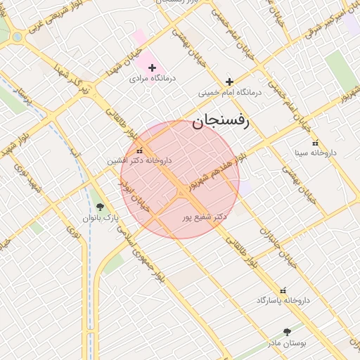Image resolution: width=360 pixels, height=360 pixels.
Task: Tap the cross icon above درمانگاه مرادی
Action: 152,67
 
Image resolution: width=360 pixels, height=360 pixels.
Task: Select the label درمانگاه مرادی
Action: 153,79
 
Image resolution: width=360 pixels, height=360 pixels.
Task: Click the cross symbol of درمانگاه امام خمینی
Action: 229,82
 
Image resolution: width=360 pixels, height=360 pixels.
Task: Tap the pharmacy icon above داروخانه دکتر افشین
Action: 139,150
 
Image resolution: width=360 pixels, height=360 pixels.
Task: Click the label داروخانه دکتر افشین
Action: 139,160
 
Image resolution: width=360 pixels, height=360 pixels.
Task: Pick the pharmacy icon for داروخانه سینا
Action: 315,142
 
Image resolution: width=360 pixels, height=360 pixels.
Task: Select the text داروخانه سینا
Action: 316,153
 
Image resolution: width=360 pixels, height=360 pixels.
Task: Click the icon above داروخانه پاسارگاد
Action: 283,290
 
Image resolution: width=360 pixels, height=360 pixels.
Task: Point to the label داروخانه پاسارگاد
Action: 283,300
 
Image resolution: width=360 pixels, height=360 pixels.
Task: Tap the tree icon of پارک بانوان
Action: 100,207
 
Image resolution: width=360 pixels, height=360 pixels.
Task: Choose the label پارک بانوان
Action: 100,218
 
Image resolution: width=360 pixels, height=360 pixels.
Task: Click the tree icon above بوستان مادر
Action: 287,331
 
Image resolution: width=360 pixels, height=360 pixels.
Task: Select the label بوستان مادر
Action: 288,342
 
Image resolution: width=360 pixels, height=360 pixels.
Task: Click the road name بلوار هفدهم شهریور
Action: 218,169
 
